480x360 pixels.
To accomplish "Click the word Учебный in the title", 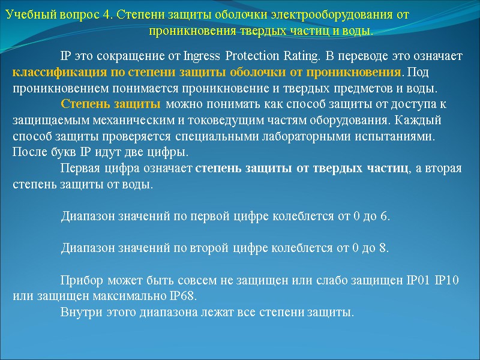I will pos(28,15).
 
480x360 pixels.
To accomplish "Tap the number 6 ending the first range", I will pos(384,216).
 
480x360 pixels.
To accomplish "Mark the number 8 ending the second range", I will pos(383,248).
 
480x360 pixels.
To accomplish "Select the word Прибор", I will pos(80,281).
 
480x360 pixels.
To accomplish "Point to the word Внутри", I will pos(79,313).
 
